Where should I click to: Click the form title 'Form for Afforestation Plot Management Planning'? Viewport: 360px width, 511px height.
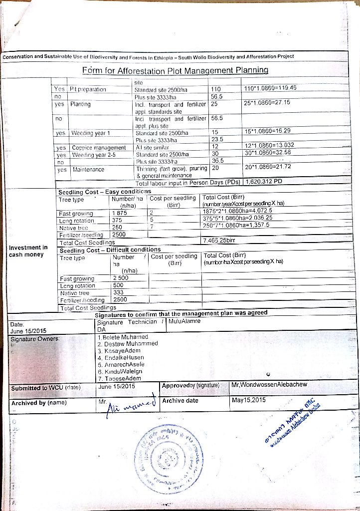pyautogui.click(x=175, y=70)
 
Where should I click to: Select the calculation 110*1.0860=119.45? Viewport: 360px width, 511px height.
pyautogui.click(x=271, y=88)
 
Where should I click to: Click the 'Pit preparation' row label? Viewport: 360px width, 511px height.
pyautogui.click(x=88, y=89)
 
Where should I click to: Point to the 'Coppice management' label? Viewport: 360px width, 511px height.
pyautogui.click(x=99, y=148)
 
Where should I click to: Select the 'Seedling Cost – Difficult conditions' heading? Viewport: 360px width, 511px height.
pyautogui.click(x=110, y=250)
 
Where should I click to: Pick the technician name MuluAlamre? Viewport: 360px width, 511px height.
pyautogui.click(x=185, y=321)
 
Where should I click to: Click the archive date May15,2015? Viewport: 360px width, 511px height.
pyautogui.click(x=249, y=400)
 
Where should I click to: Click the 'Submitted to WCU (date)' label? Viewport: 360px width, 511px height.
pyautogui.click(x=45, y=387)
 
